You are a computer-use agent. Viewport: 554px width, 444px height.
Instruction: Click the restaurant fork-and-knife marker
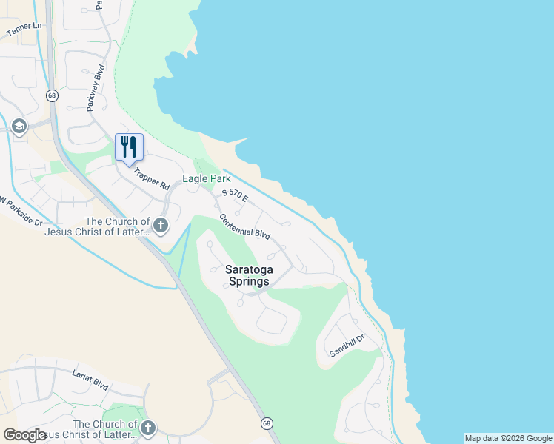pyautogui.click(x=129, y=147)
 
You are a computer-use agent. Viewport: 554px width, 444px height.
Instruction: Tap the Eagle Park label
pyautogui.click(x=207, y=179)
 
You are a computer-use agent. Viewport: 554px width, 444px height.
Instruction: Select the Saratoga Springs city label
pyautogui.click(x=249, y=275)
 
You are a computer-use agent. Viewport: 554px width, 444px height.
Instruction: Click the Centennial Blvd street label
pyautogui.click(x=244, y=226)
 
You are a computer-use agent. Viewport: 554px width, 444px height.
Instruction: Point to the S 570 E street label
pyautogui.click(x=238, y=196)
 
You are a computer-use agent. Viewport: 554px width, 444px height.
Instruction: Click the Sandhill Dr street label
pyautogui.click(x=347, y=346)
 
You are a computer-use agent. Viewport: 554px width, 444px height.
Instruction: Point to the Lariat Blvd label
pyautogui.click(x=91, y=381)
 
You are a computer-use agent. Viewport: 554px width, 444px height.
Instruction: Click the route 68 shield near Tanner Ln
pyautogui.click(x=51, y=95)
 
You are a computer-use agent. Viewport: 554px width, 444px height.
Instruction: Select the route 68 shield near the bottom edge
pyautogui.click(x=266, y=423)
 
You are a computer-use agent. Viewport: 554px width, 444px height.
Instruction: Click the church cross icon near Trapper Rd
pyautogui.click(x=160, y=225)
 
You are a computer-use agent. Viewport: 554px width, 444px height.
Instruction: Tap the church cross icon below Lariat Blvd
pyautogui.click(x=148, y=428)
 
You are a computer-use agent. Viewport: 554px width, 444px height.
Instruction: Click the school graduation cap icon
pyautogui.click(x=19, y=127)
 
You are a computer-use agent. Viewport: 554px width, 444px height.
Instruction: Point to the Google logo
pyautogui.click(x=24, y=434)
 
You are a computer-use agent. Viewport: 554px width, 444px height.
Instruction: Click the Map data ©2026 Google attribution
pyautogui.click(x=508, y=438)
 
